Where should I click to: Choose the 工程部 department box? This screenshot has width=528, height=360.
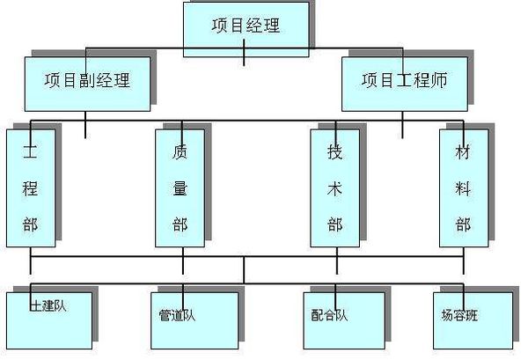(x=31, y=187)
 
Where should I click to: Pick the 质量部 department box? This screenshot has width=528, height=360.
(x=180, y=187)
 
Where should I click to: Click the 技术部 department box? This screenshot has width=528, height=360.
(x=334, y=187)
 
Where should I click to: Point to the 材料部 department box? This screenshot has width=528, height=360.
(x=462, y=187)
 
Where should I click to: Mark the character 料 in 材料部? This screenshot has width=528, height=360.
(x=462, y=187)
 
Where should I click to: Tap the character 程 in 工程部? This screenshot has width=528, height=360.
(x=31, y=187)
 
